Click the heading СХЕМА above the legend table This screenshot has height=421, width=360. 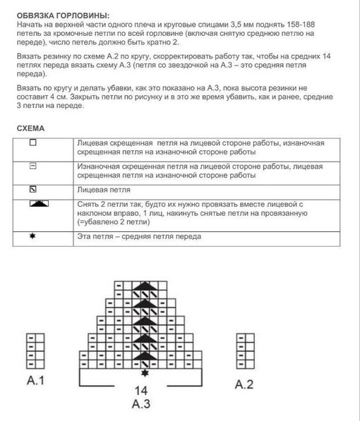(x=30, y=129)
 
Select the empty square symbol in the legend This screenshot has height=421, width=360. (x=32, y=142)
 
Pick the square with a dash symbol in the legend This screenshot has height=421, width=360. (x=32, y=166)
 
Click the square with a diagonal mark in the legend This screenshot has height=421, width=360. (x=32, y=190)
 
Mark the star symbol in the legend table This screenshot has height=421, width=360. (x=32, y=236)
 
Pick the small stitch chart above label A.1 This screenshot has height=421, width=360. (x=35, y=348)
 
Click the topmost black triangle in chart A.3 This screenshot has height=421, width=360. (x=145, y=285)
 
